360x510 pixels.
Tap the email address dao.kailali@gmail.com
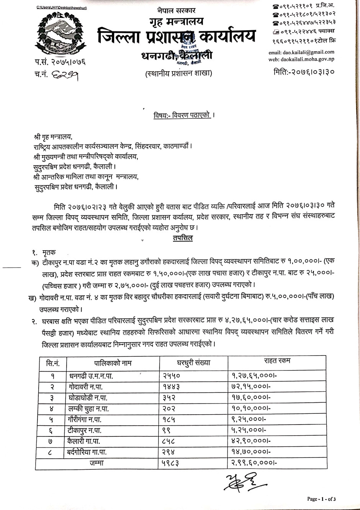coord(301,52)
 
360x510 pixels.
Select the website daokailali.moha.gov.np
coord(301,59)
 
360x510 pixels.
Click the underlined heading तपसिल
coord(183,238)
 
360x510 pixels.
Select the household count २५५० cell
coord(171,376)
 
